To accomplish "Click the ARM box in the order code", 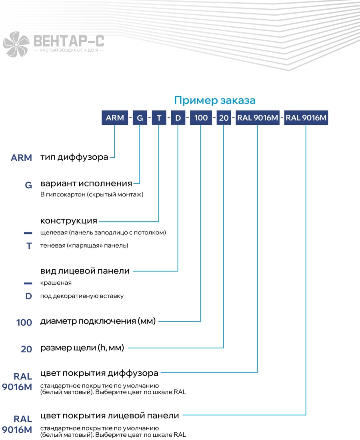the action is (115, 118).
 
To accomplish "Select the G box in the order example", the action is (140, 118).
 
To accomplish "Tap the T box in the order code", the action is (159, 118).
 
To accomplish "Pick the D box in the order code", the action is (178, 118).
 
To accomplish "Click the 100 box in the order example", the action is (201, 118).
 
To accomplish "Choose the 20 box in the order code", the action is (224, 118).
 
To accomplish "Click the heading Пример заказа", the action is (215, 100).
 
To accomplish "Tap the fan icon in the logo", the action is (16, 44).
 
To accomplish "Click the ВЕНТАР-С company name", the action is (69, 41).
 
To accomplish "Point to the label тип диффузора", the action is (74, 157).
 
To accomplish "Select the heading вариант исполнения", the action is (86, 184).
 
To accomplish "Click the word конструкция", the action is (69, 221).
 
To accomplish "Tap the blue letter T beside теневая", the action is (29, 246).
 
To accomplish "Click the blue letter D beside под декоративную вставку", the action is (29, 296).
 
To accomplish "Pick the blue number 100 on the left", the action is (24, 322).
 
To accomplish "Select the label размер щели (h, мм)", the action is (82, 348).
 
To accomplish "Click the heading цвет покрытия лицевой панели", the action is (110, 416).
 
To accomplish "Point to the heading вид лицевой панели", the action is (85, 271).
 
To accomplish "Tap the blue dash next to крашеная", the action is (28, 284).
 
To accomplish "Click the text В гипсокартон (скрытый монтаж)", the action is (92, 194).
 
